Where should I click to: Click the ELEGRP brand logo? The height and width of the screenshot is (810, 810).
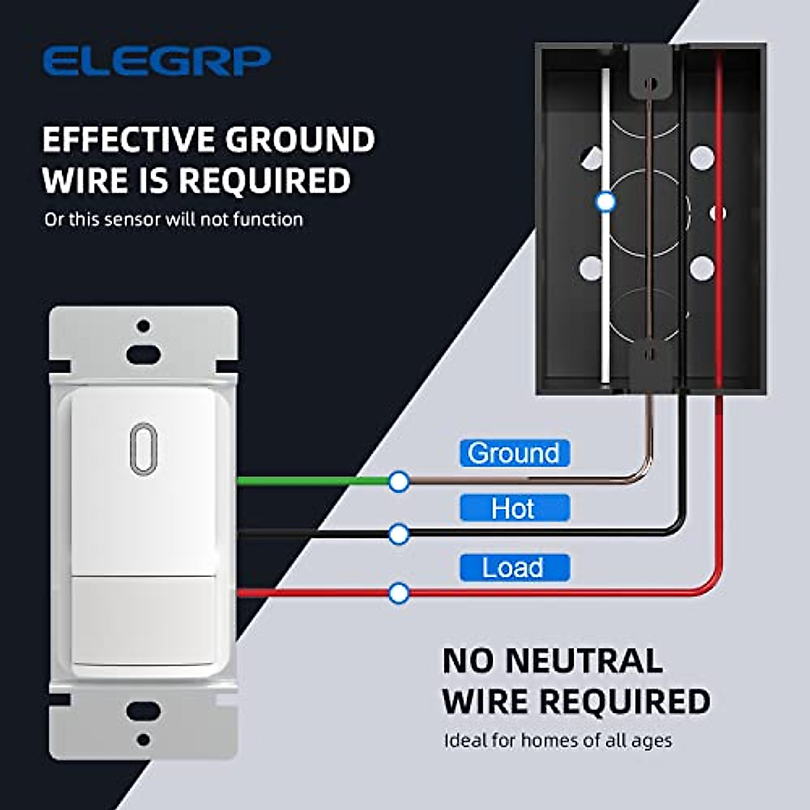156,61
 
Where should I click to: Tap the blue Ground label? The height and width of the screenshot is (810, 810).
514,453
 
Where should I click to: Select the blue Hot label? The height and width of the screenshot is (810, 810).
514,508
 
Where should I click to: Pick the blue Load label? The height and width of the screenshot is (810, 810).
514,568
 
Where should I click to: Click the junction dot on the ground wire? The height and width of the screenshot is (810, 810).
399,481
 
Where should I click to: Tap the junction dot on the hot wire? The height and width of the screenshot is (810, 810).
399,534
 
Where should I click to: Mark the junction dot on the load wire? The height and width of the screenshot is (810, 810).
399,593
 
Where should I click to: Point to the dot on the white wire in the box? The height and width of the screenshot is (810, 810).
605,201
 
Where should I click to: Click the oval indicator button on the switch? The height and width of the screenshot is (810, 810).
143,448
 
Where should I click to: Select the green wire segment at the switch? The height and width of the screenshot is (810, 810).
310,481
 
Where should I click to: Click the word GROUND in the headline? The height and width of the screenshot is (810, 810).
300,140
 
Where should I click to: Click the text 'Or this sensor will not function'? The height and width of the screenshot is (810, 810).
173,219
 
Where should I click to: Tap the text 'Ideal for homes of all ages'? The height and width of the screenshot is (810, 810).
558,740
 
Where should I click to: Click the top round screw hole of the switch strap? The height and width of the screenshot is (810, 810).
143,326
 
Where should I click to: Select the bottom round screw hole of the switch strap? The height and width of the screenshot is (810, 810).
143,739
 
